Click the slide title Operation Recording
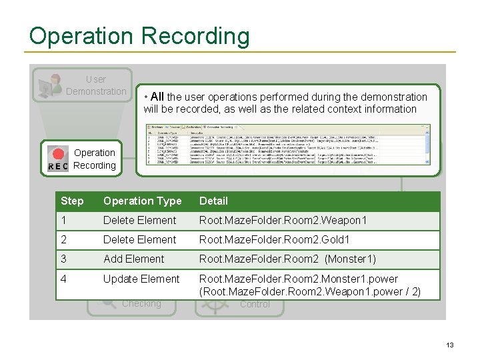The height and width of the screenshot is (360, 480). coord(139,36)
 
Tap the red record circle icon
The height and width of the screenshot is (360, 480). coord(59,153)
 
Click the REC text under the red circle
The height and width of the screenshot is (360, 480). coord(59,167)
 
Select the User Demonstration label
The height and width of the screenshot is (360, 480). coord(96,85)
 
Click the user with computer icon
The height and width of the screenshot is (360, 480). coord(50,86)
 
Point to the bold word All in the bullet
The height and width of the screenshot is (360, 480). coord(157,97)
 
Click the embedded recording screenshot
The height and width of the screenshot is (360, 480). coord(287,143)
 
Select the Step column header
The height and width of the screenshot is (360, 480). coord(72,201)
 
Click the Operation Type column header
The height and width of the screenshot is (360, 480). coord(142,201)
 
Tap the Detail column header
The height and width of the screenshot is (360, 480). coord(213,201)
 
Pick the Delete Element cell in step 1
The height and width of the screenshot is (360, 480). coord(139,220)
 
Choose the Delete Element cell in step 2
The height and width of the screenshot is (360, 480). coord(139,239)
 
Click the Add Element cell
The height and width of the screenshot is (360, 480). coord(133,259)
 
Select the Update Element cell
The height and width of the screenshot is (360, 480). coord(141,279)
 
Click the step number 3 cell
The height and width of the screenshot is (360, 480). coord(63,259)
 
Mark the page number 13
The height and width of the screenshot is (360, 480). coord(450,345)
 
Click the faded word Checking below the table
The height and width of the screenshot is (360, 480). coord(141,304)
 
